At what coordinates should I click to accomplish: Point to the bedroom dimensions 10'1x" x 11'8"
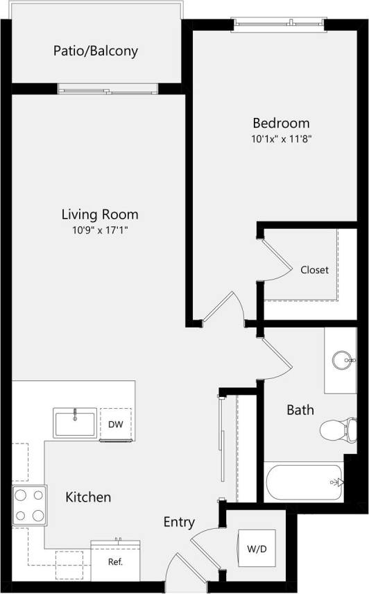coord(280,139)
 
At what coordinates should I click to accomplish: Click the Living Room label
coord(100,214)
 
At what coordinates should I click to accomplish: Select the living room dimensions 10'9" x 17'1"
coord(100,230)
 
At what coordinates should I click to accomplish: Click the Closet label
coord(314,270)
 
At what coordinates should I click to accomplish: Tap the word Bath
coord(300,410)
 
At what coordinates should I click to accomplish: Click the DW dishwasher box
coord(115,424)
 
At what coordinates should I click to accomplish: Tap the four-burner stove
coord(29,505)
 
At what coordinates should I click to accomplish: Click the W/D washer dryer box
coord(256,549)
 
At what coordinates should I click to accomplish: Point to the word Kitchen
coord(88,498)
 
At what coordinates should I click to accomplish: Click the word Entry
coord(179,523)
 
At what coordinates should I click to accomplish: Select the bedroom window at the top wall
coord(279,25)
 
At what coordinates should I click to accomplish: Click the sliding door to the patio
coord(108,88)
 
